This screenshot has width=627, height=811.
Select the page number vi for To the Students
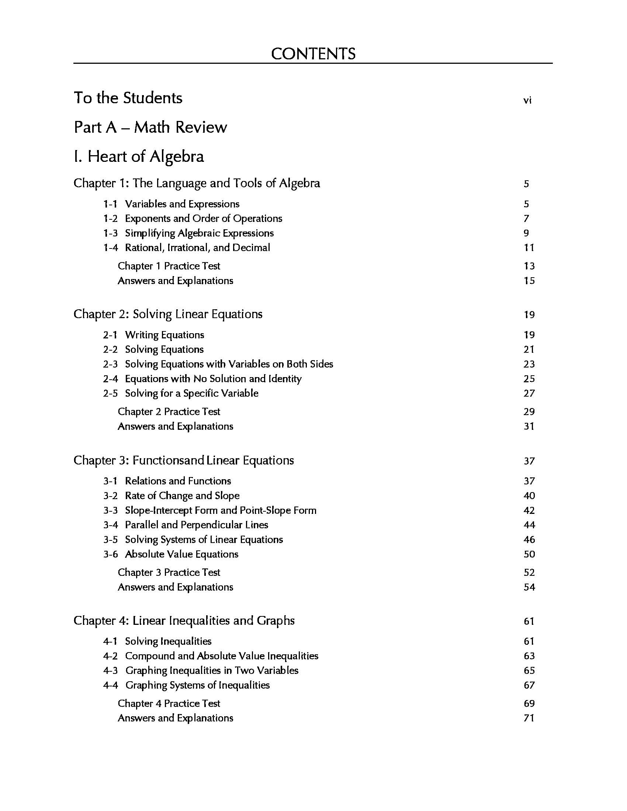coord(527,100)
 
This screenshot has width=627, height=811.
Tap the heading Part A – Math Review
coord(150,127)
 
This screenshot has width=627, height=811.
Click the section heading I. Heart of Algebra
coord(139,156)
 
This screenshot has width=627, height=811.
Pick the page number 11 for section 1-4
coord(529,247)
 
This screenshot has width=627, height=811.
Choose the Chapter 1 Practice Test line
coord(169,266)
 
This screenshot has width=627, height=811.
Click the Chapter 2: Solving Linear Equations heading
coord(168,314)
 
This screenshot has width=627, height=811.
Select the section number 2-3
coord(110,364)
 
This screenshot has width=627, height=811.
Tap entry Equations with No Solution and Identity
coord(213,379)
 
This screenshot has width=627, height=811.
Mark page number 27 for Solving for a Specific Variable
coord(529,393)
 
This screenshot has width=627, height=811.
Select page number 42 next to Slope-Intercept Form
coord(529,510)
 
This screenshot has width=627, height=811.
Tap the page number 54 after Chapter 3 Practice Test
coord(529,587)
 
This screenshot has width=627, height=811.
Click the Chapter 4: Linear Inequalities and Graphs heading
coord(184,620)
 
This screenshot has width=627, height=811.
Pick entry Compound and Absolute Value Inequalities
coord(221,656)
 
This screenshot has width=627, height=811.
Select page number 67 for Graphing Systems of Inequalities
coord(529,685)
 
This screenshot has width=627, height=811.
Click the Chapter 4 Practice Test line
coord(169,703)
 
